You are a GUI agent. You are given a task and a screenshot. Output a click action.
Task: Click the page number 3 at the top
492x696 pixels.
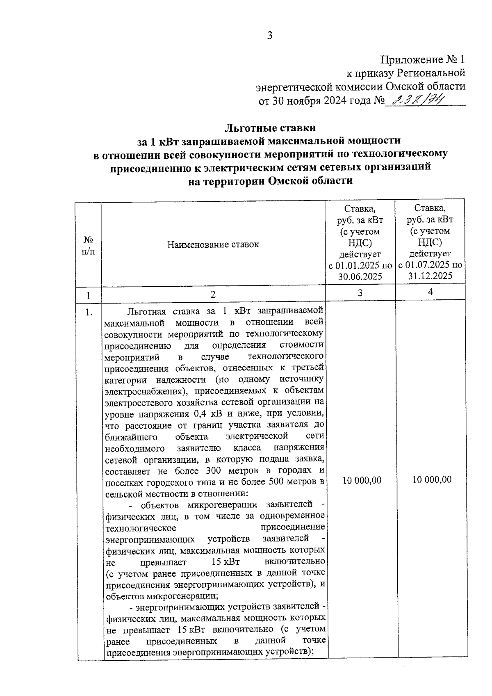click(x=269, y=36)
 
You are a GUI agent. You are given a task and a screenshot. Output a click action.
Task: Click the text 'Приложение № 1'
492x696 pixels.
click(x=423, y=60)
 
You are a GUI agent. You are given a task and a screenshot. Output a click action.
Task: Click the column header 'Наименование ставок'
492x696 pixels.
click(x=213, y=245)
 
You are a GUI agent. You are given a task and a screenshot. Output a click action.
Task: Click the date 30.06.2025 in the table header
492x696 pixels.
click(x=360, y=276)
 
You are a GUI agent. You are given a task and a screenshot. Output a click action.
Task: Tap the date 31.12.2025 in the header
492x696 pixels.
click(x=430, y=276)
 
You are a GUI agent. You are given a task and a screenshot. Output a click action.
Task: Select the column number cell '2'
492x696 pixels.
click(x=213, y=294)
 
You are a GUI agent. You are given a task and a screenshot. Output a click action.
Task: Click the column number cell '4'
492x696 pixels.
click(x=430, y=292)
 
